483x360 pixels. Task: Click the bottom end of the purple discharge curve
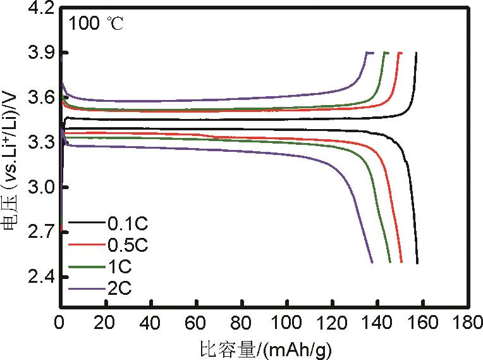[x=372, y=262]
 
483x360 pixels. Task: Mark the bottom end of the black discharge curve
[x=417, y=263]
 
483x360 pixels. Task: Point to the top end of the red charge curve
[x=400, y=53]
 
